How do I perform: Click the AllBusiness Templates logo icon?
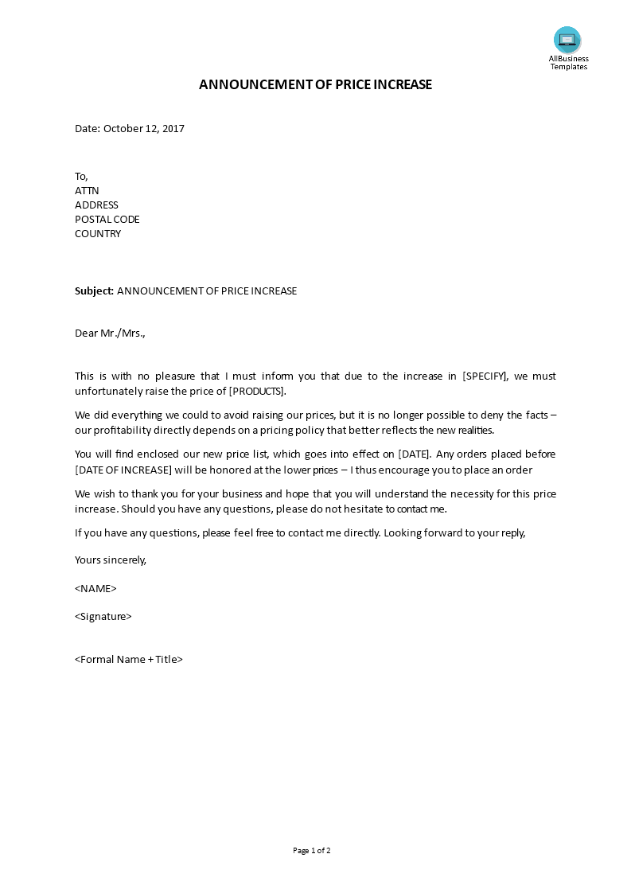click(567, 40)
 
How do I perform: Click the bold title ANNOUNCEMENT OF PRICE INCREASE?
click(315, 84)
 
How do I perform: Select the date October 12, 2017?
click(144, 128)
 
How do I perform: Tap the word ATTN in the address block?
click(87, 190)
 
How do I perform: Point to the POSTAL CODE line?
click(107, 219)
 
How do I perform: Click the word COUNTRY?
click(98, 233)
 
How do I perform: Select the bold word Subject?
click(95, 291)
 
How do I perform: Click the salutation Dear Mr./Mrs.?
click(110, 333)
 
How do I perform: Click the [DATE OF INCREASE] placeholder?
click(123, 470)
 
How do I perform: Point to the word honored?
click(239, 470)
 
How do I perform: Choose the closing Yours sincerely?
click(111, 560)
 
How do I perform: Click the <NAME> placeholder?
click(95, 588)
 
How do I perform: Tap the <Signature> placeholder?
click(103, 616)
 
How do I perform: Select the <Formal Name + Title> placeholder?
click(129, 659)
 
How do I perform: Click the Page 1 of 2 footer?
click(311, 850)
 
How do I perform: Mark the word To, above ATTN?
click(81, 176)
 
